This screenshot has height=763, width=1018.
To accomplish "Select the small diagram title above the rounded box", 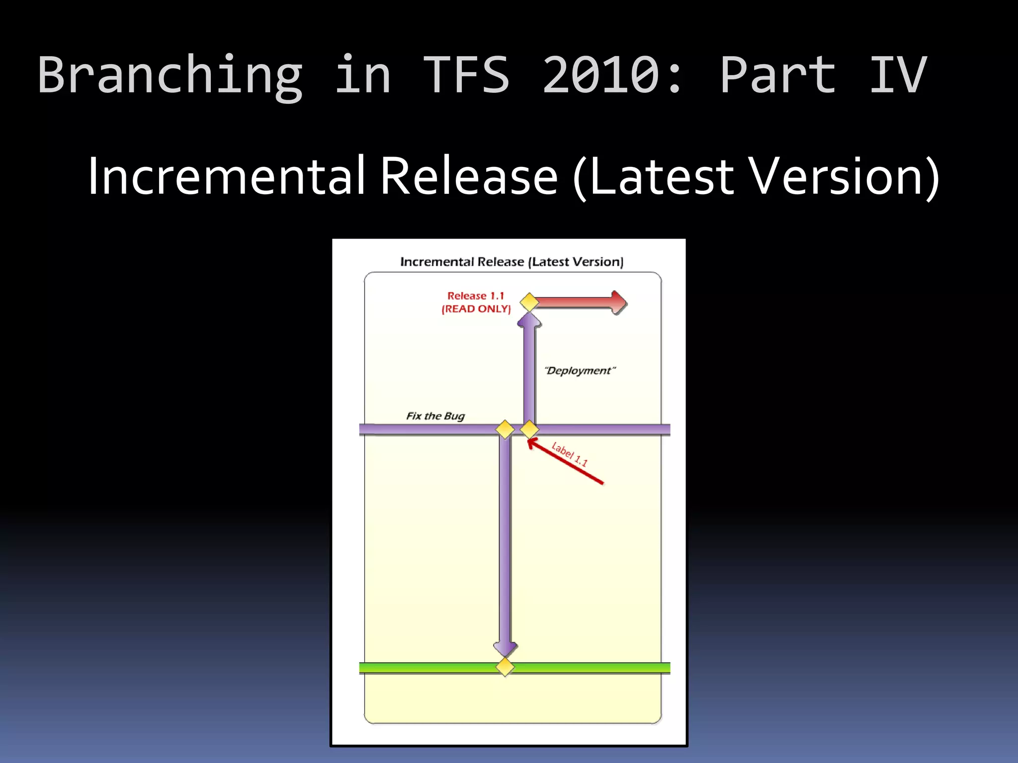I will pos(511,262).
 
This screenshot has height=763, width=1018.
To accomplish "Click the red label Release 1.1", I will pos(476,296).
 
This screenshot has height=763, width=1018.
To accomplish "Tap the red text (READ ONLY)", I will pos(476,309).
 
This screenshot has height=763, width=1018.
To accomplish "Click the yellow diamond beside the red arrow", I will pos(529,302).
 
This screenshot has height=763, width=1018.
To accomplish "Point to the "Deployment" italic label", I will pos(580,371).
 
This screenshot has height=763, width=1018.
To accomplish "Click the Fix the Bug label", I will pos(435,416).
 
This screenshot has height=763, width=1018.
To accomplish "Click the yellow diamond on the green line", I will pos(505,667).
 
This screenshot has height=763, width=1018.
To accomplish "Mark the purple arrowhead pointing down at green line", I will pos(505,648).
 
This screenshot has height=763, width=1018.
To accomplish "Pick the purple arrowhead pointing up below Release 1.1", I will pos(529,320).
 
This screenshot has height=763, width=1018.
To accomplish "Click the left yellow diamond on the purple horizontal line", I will pos(505,429).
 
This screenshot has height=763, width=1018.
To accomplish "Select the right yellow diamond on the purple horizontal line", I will pos(529,429).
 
